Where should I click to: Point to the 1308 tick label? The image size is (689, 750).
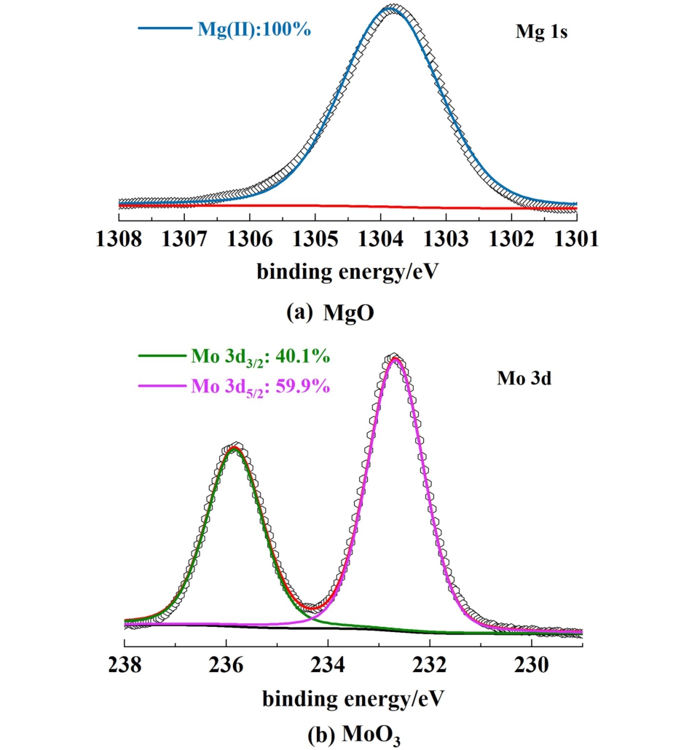[119, 239]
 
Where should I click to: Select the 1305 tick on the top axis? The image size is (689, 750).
[315, 213]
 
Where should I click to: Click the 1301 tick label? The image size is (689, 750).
[576, 239]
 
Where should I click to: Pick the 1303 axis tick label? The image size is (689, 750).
[446, 239]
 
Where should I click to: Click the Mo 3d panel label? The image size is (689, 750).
[521, 379]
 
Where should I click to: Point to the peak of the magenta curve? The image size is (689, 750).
[395, 358]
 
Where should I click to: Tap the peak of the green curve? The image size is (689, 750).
[235, 448]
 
